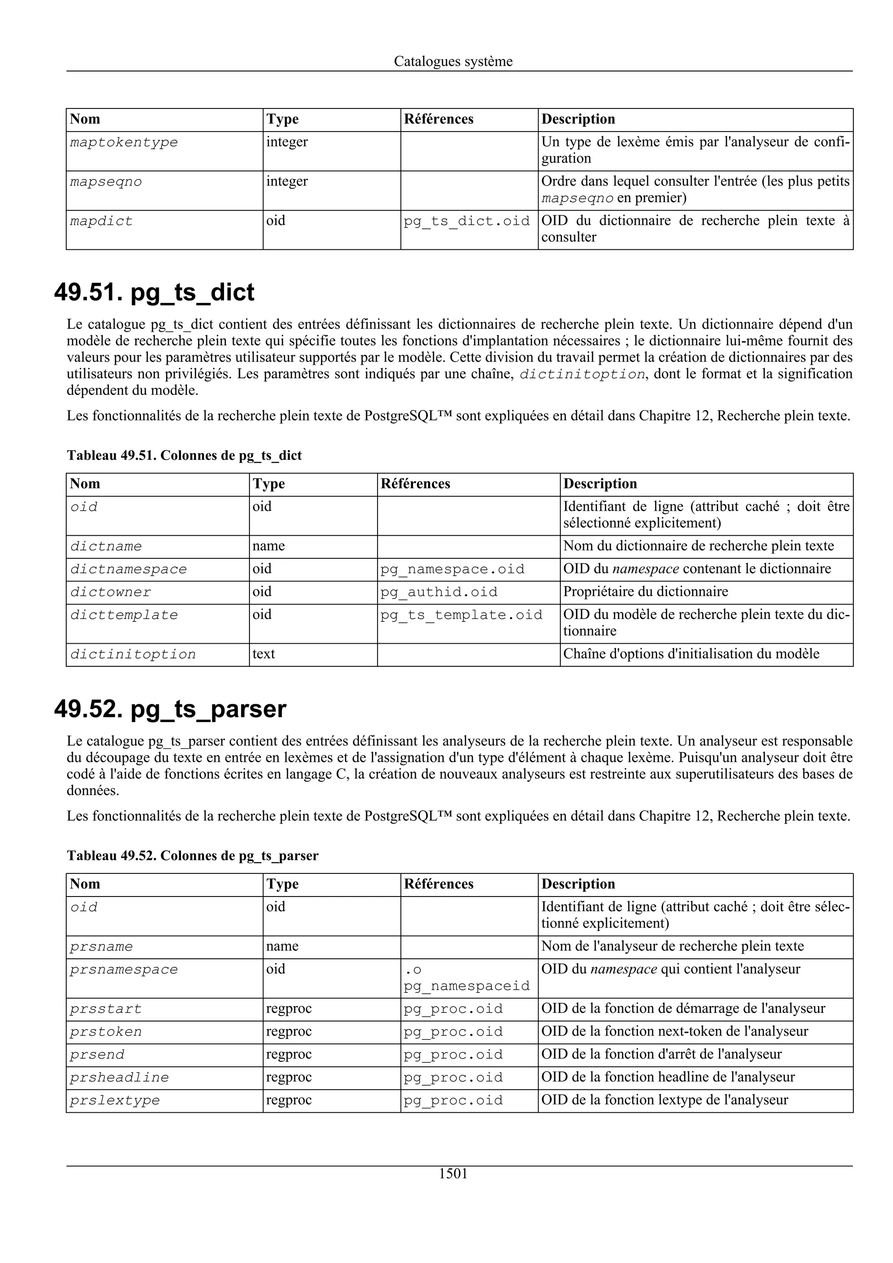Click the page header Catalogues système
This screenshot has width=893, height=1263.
pos(453,61)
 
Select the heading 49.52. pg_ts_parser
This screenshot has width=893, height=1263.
pos(170,709)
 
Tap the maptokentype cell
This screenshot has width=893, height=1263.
pos(124,143)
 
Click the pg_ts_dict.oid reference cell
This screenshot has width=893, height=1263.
pos(467,221)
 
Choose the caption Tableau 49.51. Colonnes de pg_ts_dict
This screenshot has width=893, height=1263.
pos(184,455)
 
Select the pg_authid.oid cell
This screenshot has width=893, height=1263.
pos(439,592)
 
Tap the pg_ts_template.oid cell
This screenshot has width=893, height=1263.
pos(461,615)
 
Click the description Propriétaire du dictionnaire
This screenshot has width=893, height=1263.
pos(645,592)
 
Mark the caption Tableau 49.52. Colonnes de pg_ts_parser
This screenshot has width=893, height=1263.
pos(193,856)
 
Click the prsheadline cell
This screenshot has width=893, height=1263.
pos(119,1078)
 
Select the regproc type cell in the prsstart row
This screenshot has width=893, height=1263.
pos(289,1009)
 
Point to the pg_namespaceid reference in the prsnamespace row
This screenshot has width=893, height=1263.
pos(467,986)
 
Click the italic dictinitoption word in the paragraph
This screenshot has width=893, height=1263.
pos(582,375)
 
